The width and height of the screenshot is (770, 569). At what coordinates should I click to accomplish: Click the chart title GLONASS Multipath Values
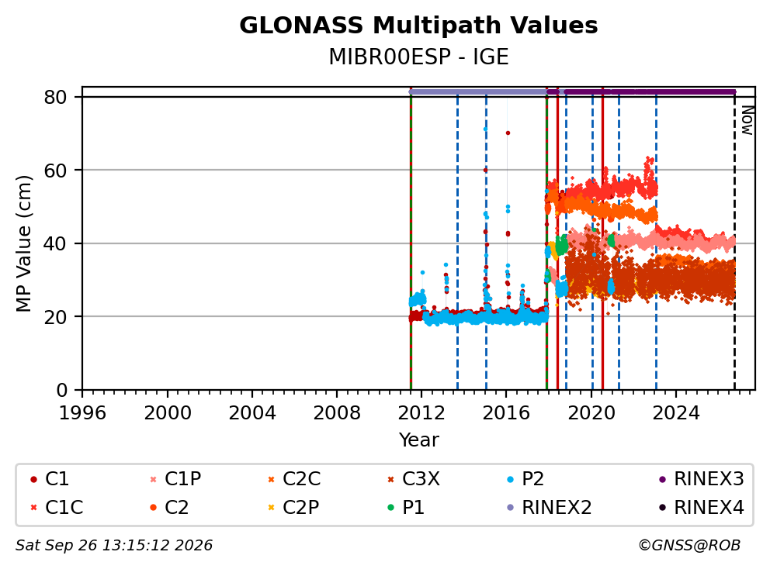(418, 26)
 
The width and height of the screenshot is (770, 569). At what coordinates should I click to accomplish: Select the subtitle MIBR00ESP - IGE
(418, 57)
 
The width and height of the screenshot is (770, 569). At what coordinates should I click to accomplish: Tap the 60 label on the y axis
(55, 171)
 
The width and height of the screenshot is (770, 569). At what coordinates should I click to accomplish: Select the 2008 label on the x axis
(337, 412)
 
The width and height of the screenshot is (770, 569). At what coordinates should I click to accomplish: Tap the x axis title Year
(418, 440)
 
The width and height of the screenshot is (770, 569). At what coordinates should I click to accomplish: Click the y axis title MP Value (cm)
(23, 243)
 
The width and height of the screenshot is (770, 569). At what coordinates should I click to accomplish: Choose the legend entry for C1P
(175, 479)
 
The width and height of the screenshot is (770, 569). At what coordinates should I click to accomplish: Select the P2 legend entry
(525, 479)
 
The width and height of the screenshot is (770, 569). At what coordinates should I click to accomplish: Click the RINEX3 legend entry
(701, 479)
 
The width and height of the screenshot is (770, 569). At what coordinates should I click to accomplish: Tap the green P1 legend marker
(391, 507)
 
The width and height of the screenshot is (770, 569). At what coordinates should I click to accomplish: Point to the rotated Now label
(747, 120)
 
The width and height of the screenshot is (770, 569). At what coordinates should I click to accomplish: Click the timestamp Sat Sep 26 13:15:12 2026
(114, 545)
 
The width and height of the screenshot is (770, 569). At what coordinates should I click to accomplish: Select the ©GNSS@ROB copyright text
(689, 545)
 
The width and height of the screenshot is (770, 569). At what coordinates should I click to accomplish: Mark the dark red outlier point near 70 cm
(508, 133)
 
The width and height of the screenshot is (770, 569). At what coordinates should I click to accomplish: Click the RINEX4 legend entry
(701, 507)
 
